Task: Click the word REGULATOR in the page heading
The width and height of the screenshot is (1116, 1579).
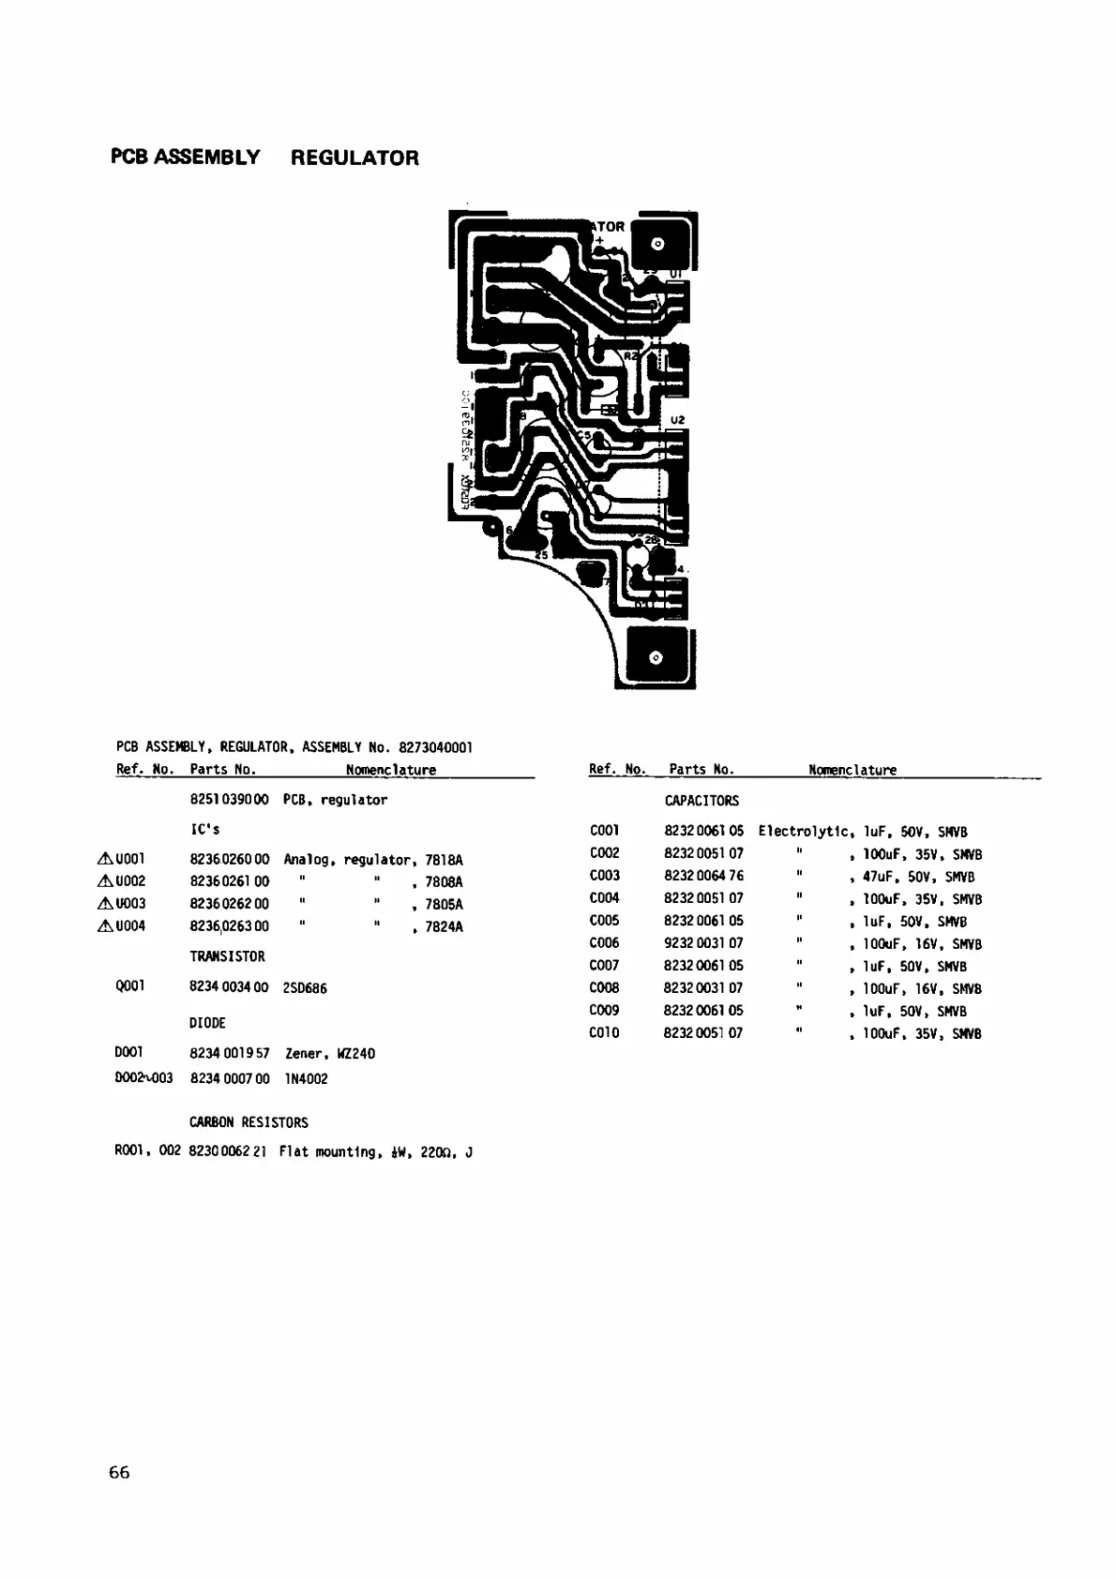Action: pos(354,158)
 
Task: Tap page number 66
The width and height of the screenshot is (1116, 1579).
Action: pos(119,1472)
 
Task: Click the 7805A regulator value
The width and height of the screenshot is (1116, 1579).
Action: pos(444,905)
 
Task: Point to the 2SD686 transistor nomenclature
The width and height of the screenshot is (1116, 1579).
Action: pos(305,988)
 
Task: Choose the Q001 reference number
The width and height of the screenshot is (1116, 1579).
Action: pos(129,986)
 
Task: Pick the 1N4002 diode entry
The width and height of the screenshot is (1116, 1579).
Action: pos(306,1079)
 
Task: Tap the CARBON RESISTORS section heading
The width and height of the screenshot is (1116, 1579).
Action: pos(249,1122)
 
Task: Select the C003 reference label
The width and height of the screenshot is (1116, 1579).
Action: pos(604,876)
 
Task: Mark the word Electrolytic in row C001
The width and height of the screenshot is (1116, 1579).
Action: pos(805,832)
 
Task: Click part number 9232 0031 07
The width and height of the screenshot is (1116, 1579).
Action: pos(703,943)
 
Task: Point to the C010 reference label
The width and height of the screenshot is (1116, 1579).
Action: pos(604,1033)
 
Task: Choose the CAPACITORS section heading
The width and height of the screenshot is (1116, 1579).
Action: pos(701,801)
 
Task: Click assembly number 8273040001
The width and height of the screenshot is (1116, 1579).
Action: pos(435,747)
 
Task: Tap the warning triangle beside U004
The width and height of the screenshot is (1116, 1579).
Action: pos(105,926)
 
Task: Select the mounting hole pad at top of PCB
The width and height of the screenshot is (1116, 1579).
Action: pos(656,245)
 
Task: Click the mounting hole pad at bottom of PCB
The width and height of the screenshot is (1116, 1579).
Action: pos(656,658)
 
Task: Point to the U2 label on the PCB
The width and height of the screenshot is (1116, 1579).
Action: pos(678,419)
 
